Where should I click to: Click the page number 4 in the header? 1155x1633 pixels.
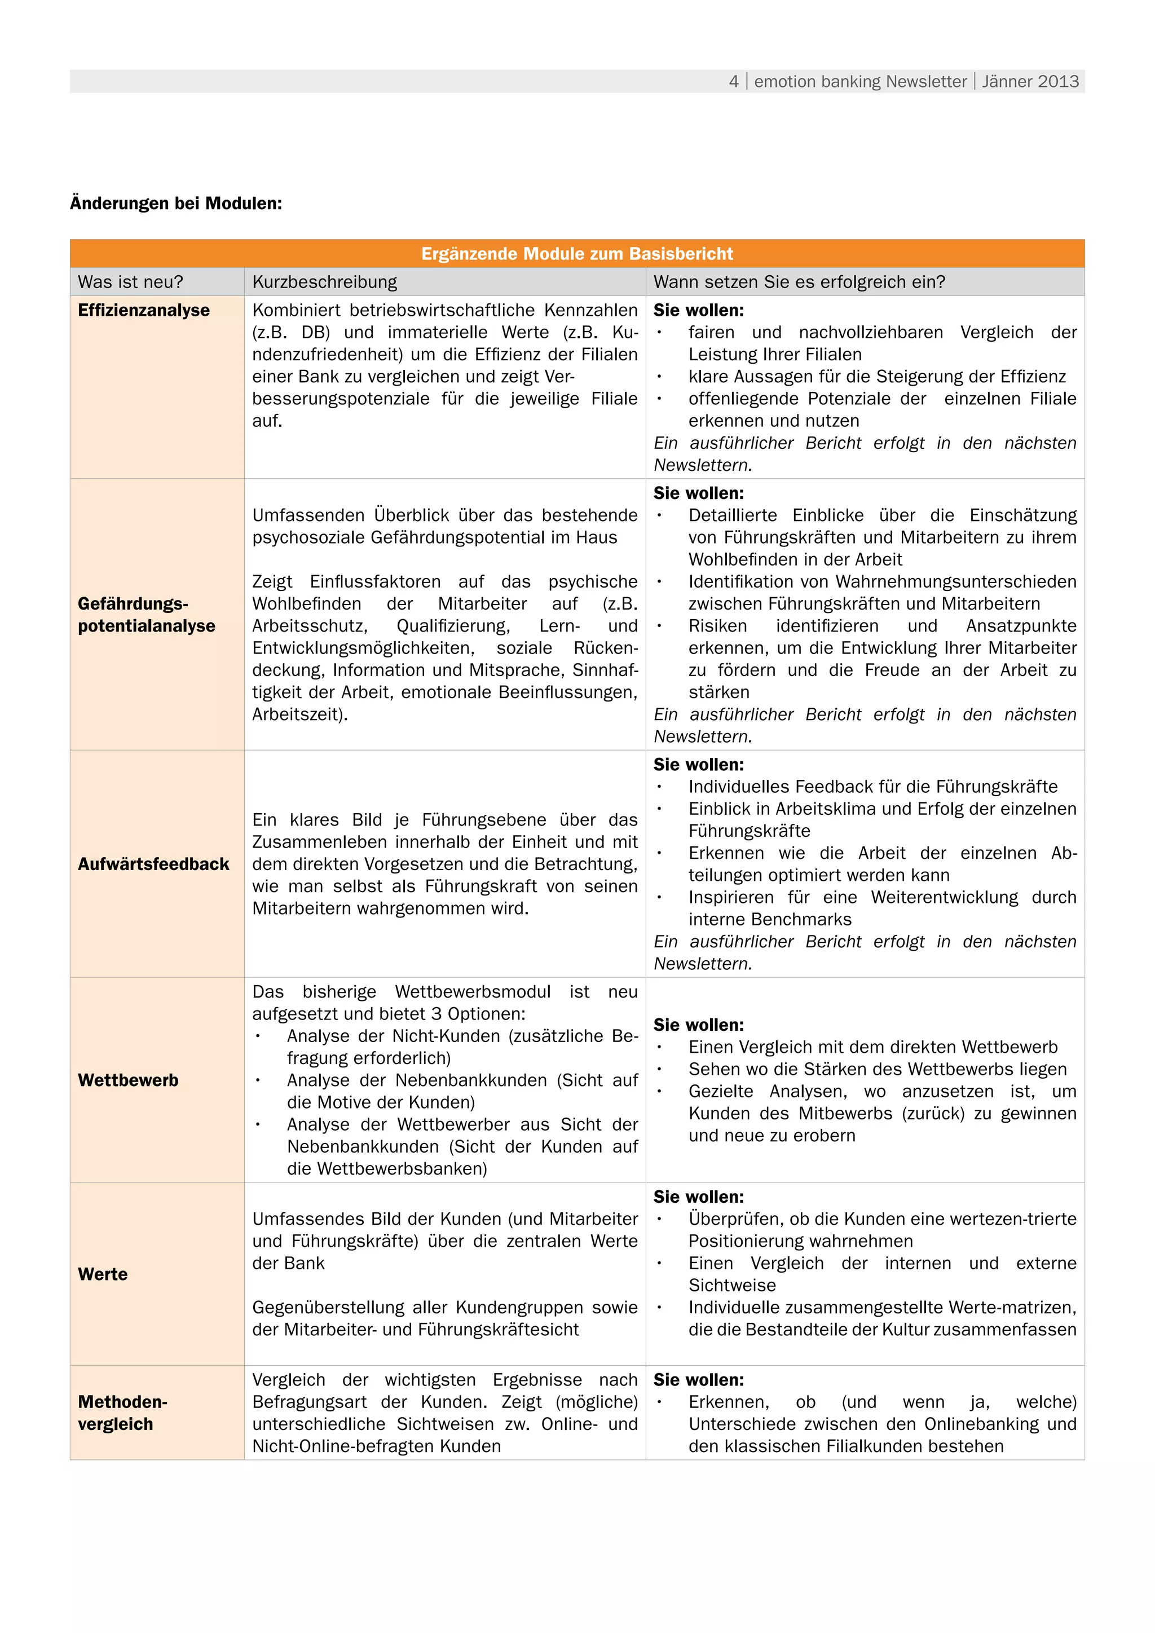pyautogui.click(x=733, y=82)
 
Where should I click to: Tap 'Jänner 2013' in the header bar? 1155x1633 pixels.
pyautogui.click(x=1030, y=82)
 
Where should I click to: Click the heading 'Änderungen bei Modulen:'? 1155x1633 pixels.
pyautogui.click(x=175, y=204)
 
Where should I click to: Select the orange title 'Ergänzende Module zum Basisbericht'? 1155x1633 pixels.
pyautogui.click(x=577, y=254)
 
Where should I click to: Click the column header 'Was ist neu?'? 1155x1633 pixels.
pyautogui.click(x=130, y=283)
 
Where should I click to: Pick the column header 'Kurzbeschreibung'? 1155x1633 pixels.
pyautogui.click(x=324, y=283)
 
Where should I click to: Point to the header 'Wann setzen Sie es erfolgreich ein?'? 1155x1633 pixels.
pyautogui.click(x=799, y=283)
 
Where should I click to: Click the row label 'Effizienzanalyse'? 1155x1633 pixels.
pyautogui.click(x=144, y=311)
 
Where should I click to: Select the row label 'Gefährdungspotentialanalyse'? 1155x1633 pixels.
pyautogui.click(x=146, y=615)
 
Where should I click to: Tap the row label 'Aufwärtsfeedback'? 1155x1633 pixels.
pyautogui.click(x=153, y=864)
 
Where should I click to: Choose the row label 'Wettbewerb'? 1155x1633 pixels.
pyautogui.click(x=128, y=1080)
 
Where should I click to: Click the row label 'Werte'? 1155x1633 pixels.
pyautogui.click(x=103, y=1274)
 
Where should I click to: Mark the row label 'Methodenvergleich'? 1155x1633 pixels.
pyautogui.click(x=122, y=1413)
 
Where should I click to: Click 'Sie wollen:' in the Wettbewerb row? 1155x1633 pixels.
pyautogui.click(x=698, y=1025)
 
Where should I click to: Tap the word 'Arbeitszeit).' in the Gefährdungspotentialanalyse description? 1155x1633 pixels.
pyautogui.click(x=300, y=715)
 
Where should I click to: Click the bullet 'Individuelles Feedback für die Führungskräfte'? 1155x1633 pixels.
pyautogui.click(x=872, y=787)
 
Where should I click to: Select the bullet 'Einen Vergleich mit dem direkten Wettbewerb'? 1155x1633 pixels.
pyautogui.click(x=872, y=1047)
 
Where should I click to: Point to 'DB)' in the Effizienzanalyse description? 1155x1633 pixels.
pyautogui.click(x=316, y=333)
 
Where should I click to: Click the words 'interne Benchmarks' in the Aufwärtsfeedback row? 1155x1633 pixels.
pyautogui.click(x=769, y=920)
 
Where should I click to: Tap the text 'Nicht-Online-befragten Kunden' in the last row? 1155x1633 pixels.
pyautogui.click(x=376, y=1446)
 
